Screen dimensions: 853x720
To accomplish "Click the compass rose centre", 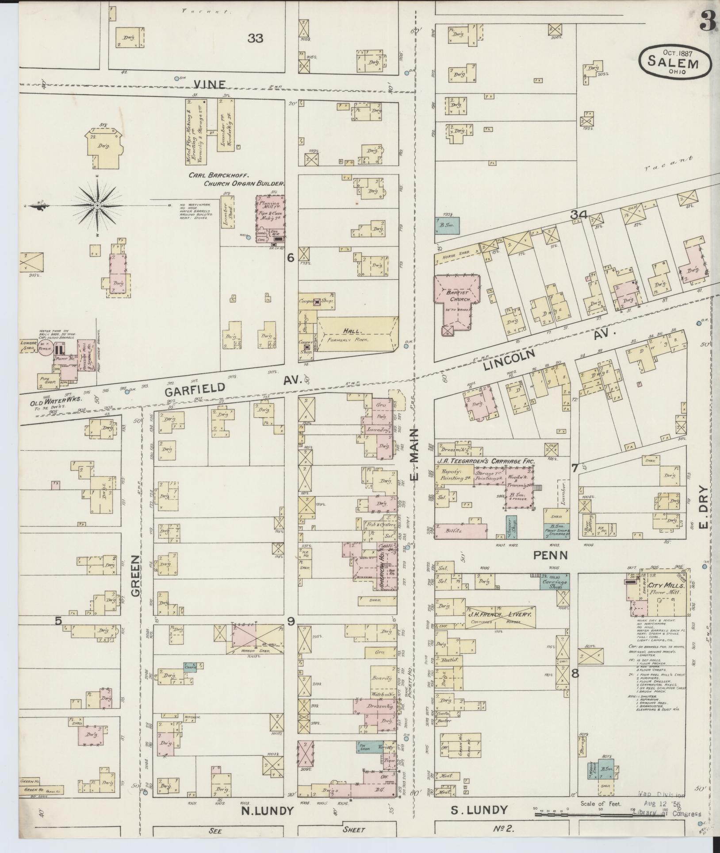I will coord(97,205).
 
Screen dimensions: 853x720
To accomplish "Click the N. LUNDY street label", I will coord(267,811).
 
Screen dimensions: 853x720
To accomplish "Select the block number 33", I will coord(255,39).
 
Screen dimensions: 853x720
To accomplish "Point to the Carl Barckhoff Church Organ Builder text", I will coord(237,179).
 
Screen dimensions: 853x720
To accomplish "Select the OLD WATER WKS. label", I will coord(56,399).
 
